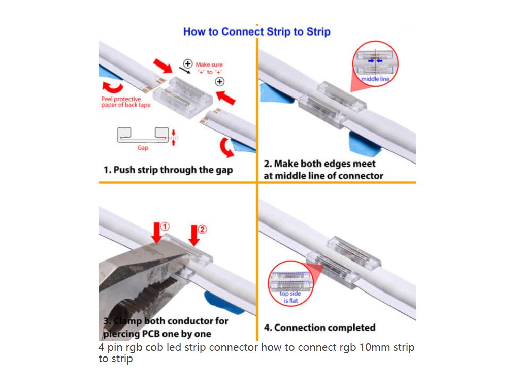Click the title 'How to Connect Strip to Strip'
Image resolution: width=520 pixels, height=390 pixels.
(x=256, y=31)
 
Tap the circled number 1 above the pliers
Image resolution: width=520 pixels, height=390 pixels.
(x=166, y=226)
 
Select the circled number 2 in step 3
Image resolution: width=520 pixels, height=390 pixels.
(x=202, y=229)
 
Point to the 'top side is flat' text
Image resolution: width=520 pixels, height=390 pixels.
(x=290, y=297)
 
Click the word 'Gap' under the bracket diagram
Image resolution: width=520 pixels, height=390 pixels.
(x=143, y=148)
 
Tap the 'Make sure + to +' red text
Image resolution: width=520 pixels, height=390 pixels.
(x=209, y=68)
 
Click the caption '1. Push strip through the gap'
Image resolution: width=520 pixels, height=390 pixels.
(x=168, y=170)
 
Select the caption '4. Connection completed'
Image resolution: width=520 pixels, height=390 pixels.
(x=319, y=328)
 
